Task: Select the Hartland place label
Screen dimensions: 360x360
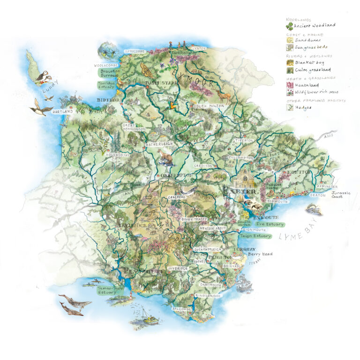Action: pyautogui.click(x=63, y=112)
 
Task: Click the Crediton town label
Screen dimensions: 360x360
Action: pyautogui.click(x=203, y=166)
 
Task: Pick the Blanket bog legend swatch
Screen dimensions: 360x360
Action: pyautogui.click(x=290, y=62)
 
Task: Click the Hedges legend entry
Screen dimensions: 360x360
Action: pyautogui.click(x=302, y=107)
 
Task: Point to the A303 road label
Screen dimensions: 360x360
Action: pyautogui.click(x=330, y=137)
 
